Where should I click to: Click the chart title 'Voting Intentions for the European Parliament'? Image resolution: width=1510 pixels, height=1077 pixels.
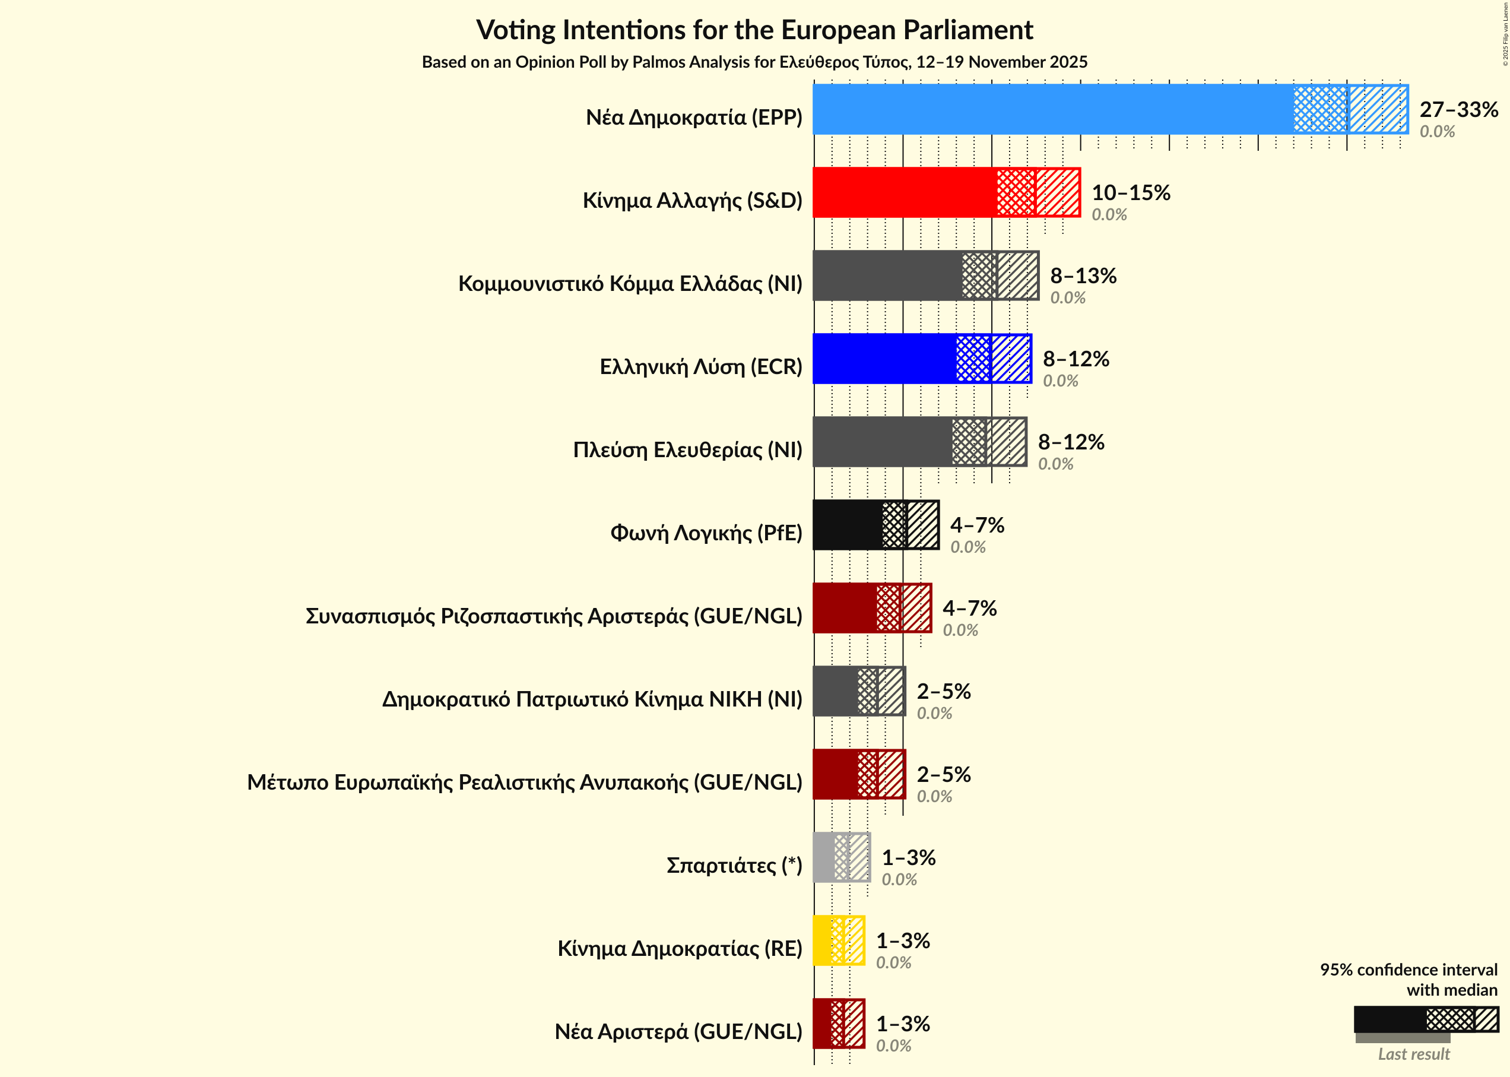754,30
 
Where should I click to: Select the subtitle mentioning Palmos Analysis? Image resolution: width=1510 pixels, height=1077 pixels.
754,62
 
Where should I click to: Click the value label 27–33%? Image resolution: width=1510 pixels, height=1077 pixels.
1458,109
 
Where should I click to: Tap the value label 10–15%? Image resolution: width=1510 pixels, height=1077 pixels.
1131,192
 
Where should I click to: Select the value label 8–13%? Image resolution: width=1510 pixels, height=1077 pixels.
1083,275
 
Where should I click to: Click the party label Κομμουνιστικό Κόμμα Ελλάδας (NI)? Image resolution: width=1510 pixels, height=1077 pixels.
630,284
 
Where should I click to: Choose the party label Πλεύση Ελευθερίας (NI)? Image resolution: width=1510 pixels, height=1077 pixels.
687,450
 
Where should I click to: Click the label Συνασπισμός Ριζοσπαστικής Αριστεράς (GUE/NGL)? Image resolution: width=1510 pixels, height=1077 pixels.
554,616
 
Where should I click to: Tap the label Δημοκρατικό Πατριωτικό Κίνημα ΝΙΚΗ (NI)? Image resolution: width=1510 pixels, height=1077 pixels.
592,699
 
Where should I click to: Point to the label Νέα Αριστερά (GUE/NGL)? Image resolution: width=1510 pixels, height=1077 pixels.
678,1032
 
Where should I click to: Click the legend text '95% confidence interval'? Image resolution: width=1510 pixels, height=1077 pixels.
1408,970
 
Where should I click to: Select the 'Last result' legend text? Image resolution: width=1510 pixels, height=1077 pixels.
1413,1054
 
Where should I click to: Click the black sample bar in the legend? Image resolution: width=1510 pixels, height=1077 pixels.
1390,1019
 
